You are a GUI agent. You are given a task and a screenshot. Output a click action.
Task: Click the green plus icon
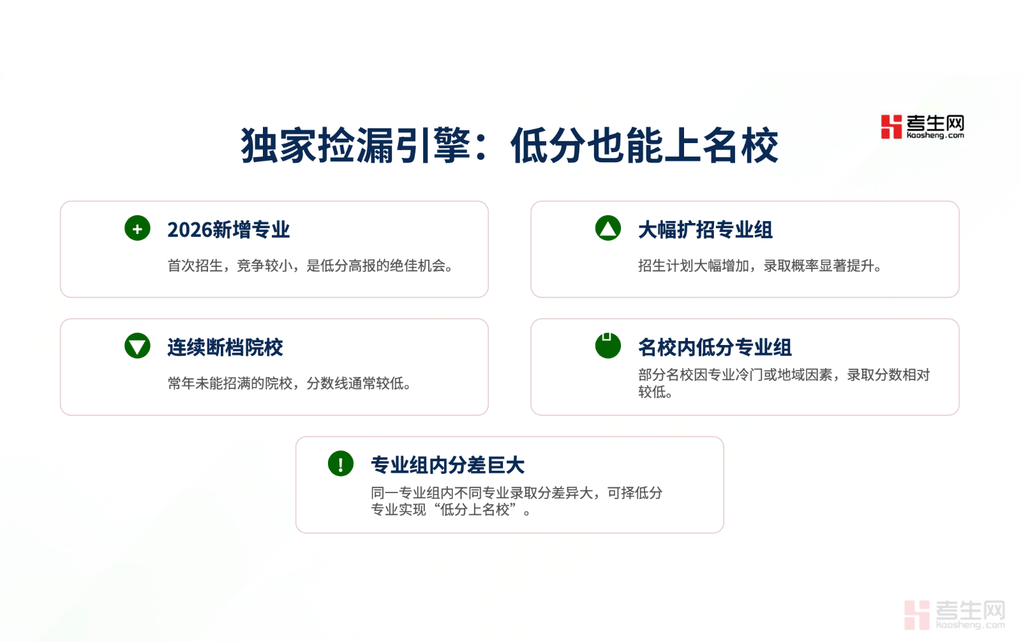pos(137,228)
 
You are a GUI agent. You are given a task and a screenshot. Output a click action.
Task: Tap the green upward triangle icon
pos(608,228)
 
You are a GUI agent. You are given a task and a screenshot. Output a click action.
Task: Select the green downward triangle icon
pos(137,346)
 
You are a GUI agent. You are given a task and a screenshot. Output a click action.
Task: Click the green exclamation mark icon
pos(341,464)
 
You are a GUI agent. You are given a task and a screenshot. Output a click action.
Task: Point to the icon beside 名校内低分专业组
pos(608,346)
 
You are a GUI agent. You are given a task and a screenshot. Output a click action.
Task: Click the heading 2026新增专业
pos(228,229)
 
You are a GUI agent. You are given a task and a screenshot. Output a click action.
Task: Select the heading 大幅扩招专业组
pos(705,229)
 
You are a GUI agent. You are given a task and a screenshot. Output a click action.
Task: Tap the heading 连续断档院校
pos(225,348)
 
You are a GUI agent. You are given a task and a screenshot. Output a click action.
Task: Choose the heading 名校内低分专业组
pos(715,348)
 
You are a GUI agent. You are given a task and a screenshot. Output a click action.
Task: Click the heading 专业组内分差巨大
pos(447,465)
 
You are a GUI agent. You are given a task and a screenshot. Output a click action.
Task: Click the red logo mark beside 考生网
pos(891,127)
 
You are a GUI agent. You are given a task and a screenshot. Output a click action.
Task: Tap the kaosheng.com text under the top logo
pos(935,135)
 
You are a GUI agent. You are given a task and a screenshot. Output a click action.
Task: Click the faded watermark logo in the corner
pos(955,615)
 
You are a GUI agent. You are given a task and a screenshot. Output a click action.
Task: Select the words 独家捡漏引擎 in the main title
pos(356,146)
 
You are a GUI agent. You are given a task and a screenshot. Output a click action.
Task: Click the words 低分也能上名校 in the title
pos(645,146)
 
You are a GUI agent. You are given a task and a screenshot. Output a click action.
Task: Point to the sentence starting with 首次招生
pos(310,266)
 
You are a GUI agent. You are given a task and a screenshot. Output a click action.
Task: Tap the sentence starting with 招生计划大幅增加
pos(760,266)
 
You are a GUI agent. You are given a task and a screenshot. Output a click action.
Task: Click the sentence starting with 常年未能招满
pos(290,383)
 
